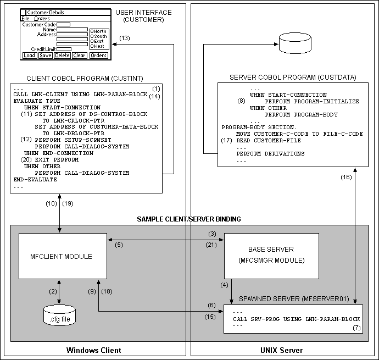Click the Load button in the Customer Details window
29,56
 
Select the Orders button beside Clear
98,56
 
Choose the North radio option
99,31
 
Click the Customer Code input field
63,24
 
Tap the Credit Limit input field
64,49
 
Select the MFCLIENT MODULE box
60,256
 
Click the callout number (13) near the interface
125,38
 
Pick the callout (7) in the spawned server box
356,328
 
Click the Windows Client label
93,350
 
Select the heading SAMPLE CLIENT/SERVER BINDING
188,219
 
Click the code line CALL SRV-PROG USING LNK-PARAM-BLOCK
296,319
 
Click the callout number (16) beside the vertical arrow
346,177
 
